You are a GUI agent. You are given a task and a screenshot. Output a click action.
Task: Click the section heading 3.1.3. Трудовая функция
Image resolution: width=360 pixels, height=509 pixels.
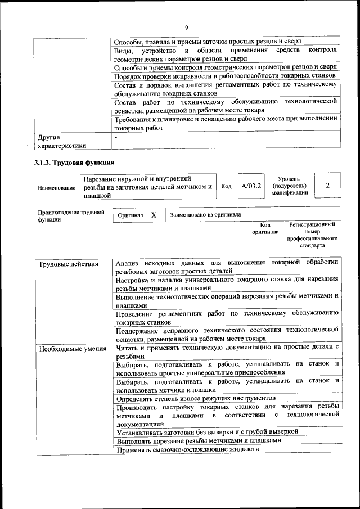coord(75,163)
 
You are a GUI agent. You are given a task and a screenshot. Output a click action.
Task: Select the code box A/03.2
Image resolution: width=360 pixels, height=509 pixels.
coord(250,186)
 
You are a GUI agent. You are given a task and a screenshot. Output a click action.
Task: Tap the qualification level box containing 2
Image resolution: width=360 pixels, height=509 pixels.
coord(327,186)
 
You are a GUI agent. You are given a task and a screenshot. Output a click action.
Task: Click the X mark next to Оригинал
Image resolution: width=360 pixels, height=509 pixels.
coord(154,215)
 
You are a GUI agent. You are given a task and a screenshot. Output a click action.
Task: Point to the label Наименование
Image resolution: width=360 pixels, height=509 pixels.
coord(56,187)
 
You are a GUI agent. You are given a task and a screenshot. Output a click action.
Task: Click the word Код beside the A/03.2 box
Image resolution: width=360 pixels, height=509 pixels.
coord(226,186)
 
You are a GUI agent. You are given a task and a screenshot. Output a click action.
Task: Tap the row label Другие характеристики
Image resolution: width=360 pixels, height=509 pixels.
coord(62,141)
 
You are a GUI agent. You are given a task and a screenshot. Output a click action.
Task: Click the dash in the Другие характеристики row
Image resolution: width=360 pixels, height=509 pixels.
coord(116,137)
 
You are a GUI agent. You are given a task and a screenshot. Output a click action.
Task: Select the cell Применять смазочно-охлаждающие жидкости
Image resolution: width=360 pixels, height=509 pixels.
coord(188,450)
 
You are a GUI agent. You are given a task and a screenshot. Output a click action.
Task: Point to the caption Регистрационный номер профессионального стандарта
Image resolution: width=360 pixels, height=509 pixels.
coord(312,235)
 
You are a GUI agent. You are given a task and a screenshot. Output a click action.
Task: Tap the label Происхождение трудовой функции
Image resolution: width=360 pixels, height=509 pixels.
coord(71,217)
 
